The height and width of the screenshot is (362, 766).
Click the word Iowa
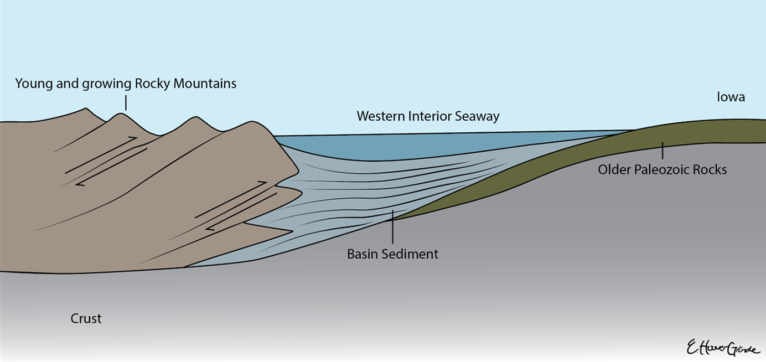(731, 97)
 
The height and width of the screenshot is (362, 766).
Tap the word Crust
(86, 319)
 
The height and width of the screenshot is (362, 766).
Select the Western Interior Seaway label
(428, 116)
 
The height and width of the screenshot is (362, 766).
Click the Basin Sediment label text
(392, 254)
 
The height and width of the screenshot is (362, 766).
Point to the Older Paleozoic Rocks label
(662, 169)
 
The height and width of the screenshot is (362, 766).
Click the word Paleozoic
(662, 169)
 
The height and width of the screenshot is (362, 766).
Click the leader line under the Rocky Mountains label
(126, 103)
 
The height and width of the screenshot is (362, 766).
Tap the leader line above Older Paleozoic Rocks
(662, 151)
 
